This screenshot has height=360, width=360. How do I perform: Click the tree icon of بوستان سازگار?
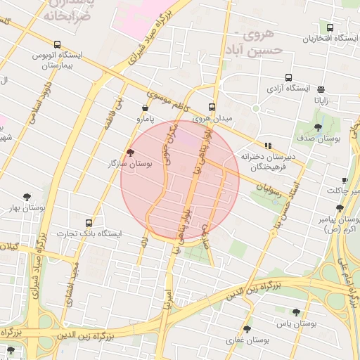(130, 153)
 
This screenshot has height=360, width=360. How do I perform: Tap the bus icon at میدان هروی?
(212, 108)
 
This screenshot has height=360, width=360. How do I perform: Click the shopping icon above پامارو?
(145, 108)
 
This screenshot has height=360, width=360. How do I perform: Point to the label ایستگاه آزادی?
(289, 89)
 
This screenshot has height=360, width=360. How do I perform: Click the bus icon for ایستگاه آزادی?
(288, 78)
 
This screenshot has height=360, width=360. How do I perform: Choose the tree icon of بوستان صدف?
(318, 128)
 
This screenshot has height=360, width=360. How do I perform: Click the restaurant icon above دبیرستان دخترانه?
(268, 146)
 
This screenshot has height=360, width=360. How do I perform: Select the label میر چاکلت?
(342, 190)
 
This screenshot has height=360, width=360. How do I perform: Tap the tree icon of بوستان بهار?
(27, 198)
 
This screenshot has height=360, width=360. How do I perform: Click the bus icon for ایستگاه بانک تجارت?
(89, 222)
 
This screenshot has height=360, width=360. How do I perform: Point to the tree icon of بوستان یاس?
(295, 312)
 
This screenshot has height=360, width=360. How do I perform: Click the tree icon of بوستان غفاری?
(246, 329)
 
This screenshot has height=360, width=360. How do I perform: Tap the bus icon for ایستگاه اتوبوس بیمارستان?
(57, 44)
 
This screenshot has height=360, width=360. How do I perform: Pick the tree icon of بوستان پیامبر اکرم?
(340, 208)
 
